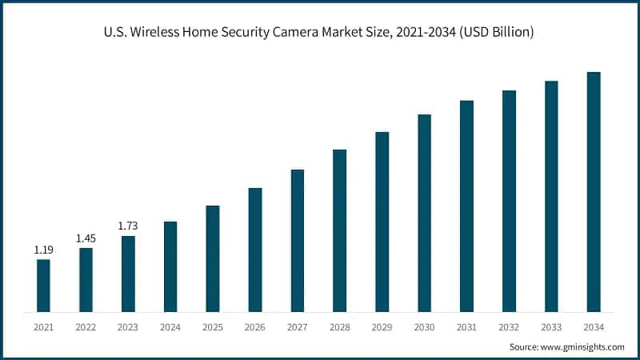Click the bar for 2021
click(x=43, y=286)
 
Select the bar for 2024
click(x=170, y=266)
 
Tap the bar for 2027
click(x=298, y=240)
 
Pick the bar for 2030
click(x=424, y=213)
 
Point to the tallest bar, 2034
click(x=594, y=192)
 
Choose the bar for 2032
click(x=509, y=201)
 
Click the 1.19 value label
click(x=43, y=250)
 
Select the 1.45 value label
click(x=86, y=238)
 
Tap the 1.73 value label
click(x=128, y=226)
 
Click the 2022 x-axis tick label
click(x=86, y=327)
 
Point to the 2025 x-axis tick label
click(x=213, y=327)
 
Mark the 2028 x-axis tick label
click(x=339, y=327)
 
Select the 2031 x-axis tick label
click(x=466, y=327)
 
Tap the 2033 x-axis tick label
click(x=551, y=327)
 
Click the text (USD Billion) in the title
click(x=495, y=33)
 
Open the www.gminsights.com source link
click(x=583, y=347)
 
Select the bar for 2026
click(x=255, y=250)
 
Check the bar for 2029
click(x=382, y=222)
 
